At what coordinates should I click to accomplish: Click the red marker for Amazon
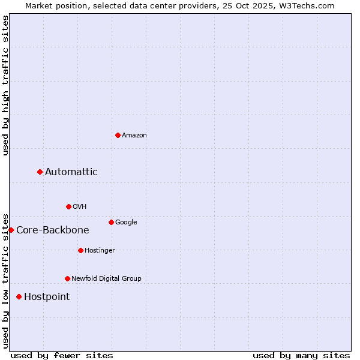coord(118,135)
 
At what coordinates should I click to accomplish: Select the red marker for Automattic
coord(40,172)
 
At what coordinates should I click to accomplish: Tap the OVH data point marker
coord(68,206)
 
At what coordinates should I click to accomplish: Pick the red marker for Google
coord(111,222)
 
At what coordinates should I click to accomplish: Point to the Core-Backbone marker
coord(11,230)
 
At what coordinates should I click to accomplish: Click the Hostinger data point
coord(80,250)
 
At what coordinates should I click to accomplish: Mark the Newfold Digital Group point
coord(67,278)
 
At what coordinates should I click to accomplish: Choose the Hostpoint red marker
coord(19,296)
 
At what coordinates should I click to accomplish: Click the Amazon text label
coord(134,136)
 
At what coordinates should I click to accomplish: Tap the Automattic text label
coord(71,172)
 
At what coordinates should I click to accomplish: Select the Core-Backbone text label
coord(53,230)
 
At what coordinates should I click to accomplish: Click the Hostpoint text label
coord(47,297)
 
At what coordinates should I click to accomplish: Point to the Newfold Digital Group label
coord(107,279)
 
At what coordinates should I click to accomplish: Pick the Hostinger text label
coord(100,251)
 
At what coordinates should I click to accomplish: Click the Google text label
coord(126,223)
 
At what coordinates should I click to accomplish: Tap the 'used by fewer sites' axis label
coord(62,355)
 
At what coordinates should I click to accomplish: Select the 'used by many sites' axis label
coord(301,355)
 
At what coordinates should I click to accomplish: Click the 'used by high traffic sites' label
coord(6,85)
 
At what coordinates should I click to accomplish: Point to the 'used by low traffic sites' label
coord(6,281)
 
